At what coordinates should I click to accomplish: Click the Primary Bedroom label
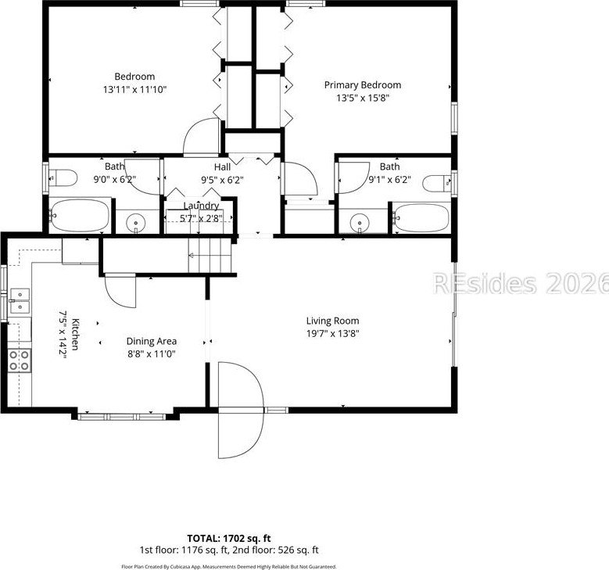(363, 85)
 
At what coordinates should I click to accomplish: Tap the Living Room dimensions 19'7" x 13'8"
(332, 333)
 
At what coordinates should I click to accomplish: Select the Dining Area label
(152, 341)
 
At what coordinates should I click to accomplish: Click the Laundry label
(201, 206)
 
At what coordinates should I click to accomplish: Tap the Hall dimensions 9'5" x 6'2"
(222, 180)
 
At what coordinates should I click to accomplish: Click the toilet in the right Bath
(437, 184)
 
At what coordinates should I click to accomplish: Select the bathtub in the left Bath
(80, 215)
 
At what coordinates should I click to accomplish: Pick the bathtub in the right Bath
(421, 217)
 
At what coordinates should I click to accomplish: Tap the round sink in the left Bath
(136, 223)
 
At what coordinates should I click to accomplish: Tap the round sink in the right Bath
(360, 224)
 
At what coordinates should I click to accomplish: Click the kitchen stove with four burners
(20, 360)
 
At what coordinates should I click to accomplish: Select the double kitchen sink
(20, 301)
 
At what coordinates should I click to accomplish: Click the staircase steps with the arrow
(210, 255)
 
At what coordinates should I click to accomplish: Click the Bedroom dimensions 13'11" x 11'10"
(134, 90)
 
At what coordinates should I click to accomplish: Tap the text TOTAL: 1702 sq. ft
(229, 539)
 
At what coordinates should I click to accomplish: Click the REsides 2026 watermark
(521, 283)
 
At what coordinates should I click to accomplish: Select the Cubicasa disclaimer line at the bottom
(229, 567)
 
